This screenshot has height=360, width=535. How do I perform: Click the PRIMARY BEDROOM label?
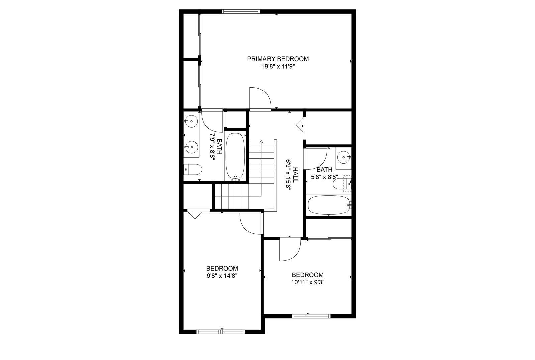click(x=278, y=59)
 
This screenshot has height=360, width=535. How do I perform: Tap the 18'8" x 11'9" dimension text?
click(x=277, y=67)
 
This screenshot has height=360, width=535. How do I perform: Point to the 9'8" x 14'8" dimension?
click(x=222, y=276)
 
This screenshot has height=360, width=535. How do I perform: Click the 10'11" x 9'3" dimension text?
click(x=308, y=283)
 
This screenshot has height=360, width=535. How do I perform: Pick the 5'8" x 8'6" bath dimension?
click(x=324, y=177)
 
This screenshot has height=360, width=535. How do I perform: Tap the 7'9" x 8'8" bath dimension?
click(x=212, y=147)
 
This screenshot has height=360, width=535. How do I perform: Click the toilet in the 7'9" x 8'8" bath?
click(x=193, y=169)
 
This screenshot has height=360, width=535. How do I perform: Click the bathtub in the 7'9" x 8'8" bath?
click(x=235, y=156)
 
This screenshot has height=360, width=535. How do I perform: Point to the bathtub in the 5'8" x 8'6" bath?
click(x=329, y=205)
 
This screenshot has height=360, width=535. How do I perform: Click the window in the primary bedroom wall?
click(x=240, y=11)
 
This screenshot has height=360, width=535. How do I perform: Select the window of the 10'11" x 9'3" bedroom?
click(x=311, y=316)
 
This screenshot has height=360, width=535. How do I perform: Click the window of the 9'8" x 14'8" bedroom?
click(x=221, y=332)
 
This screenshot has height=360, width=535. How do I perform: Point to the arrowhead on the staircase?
click(x=261, y=142)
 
